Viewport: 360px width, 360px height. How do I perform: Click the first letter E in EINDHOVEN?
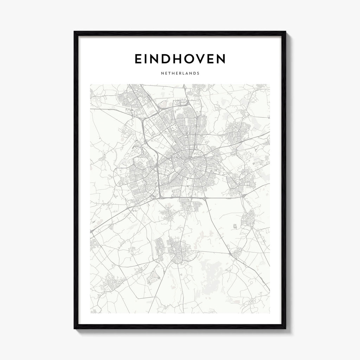click(139, 59)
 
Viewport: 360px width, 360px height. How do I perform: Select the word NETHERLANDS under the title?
click(180, 74)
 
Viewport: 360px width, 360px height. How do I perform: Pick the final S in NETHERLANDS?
click(199, 74)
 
